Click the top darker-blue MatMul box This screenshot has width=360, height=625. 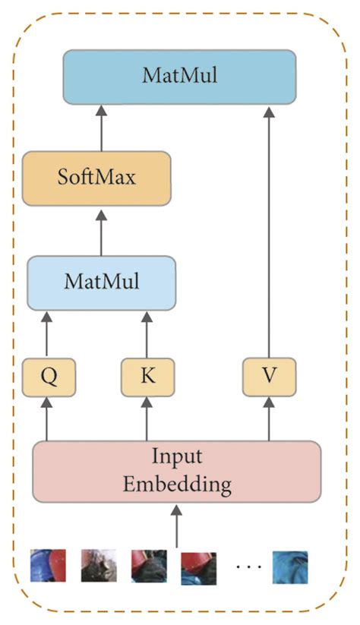(x=179, y=77)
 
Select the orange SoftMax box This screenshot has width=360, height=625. (x=96, y=178)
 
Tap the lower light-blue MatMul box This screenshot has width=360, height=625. (x=102, y=283)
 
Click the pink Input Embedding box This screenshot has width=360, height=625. (x=176, y=472)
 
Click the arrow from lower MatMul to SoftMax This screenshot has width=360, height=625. (x=100, y=232)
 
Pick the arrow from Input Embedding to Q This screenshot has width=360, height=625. (x=48, y=420)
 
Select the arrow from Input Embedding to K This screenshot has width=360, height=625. (x=147, y=420)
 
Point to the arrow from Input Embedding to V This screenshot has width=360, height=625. (x=268, y=420)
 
